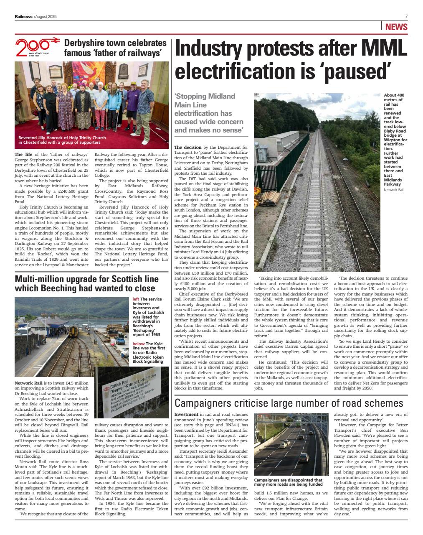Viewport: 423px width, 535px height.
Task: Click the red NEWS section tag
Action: (396, 27)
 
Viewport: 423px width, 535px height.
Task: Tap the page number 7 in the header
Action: (406, 16)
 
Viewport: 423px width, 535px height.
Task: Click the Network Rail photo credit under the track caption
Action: (393, 190)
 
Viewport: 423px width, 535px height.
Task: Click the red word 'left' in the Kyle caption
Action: (136, 299)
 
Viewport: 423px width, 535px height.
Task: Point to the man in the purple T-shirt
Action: (132, 102)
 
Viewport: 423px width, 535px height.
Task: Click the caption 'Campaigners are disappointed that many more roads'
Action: (288, 482)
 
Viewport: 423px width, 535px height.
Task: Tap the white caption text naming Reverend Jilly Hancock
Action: (62, 140)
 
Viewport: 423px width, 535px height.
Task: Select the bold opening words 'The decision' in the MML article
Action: (187, 147)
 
